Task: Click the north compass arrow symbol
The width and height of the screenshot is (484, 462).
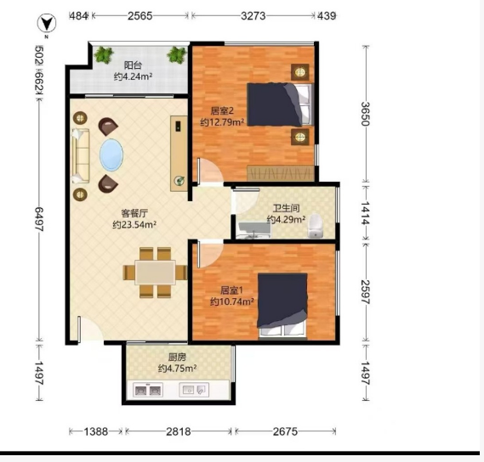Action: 47,23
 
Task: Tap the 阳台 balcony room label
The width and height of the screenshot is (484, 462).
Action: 133,65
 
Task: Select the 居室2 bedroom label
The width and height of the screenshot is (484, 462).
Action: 222,110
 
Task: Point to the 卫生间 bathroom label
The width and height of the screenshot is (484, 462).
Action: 286,208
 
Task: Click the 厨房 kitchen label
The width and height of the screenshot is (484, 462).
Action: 177,358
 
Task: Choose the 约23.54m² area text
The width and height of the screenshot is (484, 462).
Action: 134,225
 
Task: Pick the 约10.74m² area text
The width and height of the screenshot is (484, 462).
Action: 232,301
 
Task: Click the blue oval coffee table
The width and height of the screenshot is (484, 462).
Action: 111,155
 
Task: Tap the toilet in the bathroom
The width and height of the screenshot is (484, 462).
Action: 316,226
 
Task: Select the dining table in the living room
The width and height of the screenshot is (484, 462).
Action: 156,273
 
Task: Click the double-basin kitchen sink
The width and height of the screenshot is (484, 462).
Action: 148,390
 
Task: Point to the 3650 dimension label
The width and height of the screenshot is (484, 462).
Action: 366,114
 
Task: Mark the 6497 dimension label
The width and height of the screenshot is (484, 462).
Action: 39,219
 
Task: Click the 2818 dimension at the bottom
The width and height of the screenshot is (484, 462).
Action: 179,431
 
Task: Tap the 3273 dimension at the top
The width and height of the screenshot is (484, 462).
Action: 253,16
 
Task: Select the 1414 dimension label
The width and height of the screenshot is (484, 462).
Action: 366,212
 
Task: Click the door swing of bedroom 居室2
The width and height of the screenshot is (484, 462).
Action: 210,171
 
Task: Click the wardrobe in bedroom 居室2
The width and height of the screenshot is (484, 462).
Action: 281,173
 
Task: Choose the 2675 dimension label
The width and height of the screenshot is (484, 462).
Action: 285,431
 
